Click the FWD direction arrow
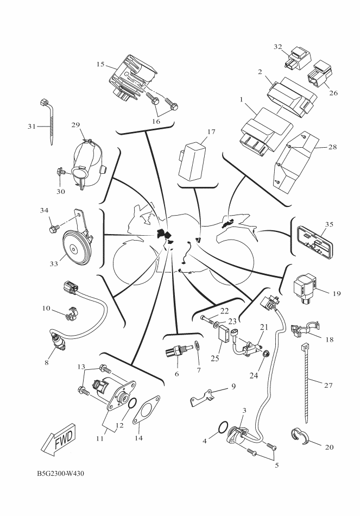[59, 440]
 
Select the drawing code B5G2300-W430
[60, 474]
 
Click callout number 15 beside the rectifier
[100, 64]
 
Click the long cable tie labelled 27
[306, 383]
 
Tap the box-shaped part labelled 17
[191, 160]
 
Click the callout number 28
[333, 147]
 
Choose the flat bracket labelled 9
[201, 397]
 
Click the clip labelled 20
[299, 436]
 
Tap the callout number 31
[31, 126]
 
